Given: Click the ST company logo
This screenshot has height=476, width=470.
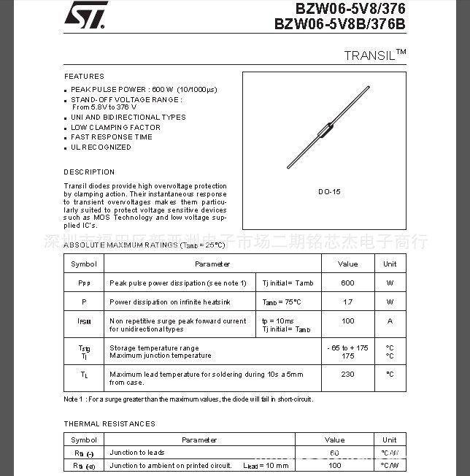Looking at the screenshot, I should click(x=85, y=15).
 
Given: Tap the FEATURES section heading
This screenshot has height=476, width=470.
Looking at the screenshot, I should click(x=84, y=77).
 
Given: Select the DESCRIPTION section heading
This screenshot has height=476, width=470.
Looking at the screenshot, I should click(x=89, y=172).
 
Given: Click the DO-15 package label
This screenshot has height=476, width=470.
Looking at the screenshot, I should click(x=329, y=192).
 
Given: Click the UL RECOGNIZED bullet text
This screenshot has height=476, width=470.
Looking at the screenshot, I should click(x=101, y=147).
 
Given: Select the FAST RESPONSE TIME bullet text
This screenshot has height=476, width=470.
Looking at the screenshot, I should click(x=111, y=137).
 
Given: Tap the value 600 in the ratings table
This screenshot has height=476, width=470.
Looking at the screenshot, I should click(x=347, y=283).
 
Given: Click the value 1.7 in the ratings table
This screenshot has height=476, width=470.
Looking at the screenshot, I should click(x=347, y=302).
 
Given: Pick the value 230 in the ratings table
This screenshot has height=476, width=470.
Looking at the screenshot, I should click(x=347, y=375).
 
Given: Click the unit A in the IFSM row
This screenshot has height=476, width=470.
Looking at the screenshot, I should click(x=390, y=321).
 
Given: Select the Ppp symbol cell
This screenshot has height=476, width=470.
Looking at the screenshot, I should click(x=84, y=283).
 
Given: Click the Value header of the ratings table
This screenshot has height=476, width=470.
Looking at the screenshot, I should click(x=347, y=264).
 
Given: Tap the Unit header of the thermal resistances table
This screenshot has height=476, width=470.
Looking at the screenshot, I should click(x=390, y=440).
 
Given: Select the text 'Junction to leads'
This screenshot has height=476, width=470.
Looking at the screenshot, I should click(x=137, y=453).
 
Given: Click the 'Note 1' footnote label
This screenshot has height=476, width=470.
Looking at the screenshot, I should click(x=73, y=399).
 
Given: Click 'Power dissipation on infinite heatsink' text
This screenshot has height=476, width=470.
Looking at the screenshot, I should click(x=170, y=302).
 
